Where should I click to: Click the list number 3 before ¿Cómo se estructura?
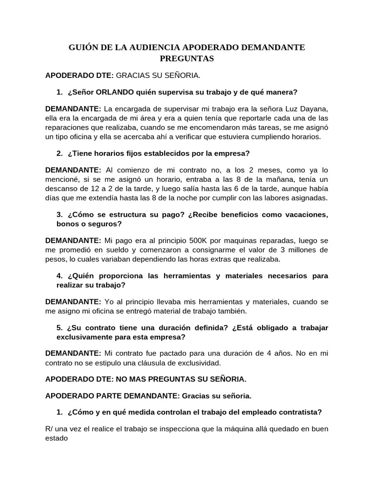pos(59,215)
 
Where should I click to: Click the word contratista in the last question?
pos(300,412)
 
